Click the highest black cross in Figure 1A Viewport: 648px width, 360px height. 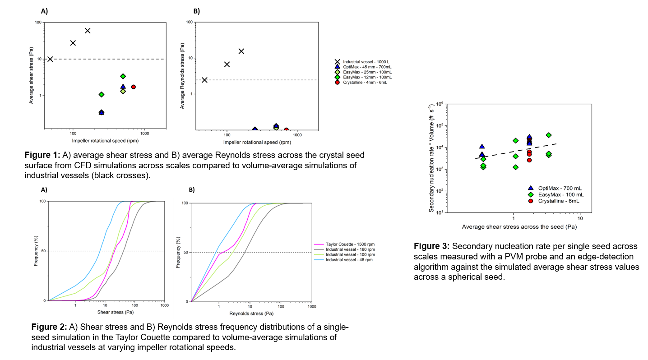(88, 31)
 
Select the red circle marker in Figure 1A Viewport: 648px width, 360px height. (133, 87)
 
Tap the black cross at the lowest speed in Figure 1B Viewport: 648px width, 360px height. (204, 80)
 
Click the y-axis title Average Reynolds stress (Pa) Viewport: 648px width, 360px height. (182, 76)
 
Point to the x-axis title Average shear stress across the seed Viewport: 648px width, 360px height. (519, 226)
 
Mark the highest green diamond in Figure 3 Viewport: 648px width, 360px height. (549, 135)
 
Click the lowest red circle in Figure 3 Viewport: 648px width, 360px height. (529, 160)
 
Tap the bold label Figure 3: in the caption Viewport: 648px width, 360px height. (431, 246)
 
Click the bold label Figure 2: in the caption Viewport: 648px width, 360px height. (49, 326)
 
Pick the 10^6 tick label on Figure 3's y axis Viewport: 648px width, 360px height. (436, 104)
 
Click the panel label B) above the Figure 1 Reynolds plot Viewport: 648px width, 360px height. (196, 11)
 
